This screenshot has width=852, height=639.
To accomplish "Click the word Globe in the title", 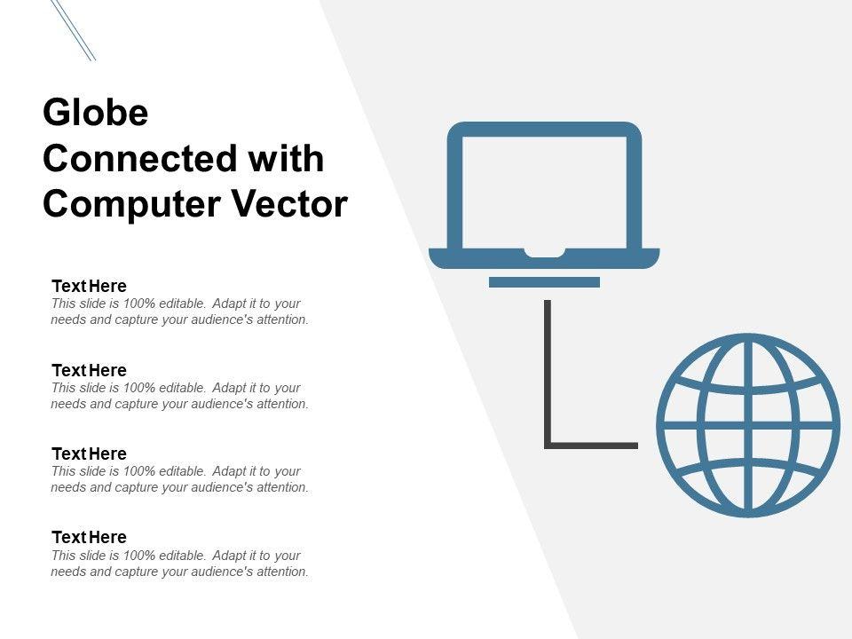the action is pos(95,114).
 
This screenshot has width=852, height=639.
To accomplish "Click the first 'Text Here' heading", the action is pos(89,286).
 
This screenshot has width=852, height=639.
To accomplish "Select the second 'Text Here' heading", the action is pos(89,370).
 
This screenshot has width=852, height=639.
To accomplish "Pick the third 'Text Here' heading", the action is pos(89,454).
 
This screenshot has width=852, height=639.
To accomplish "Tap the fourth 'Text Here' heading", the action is pos(89,537).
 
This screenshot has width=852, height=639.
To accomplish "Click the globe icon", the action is pos(748,425).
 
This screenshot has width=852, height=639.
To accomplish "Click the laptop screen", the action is pos(544,189).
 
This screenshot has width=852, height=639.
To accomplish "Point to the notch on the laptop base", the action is pos(544,253).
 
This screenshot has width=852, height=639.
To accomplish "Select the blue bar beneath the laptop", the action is pos(544,282).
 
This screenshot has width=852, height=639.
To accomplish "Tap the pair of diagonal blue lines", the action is pos(73,28).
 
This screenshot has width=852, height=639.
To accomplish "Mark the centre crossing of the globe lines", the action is pos(748,425).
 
